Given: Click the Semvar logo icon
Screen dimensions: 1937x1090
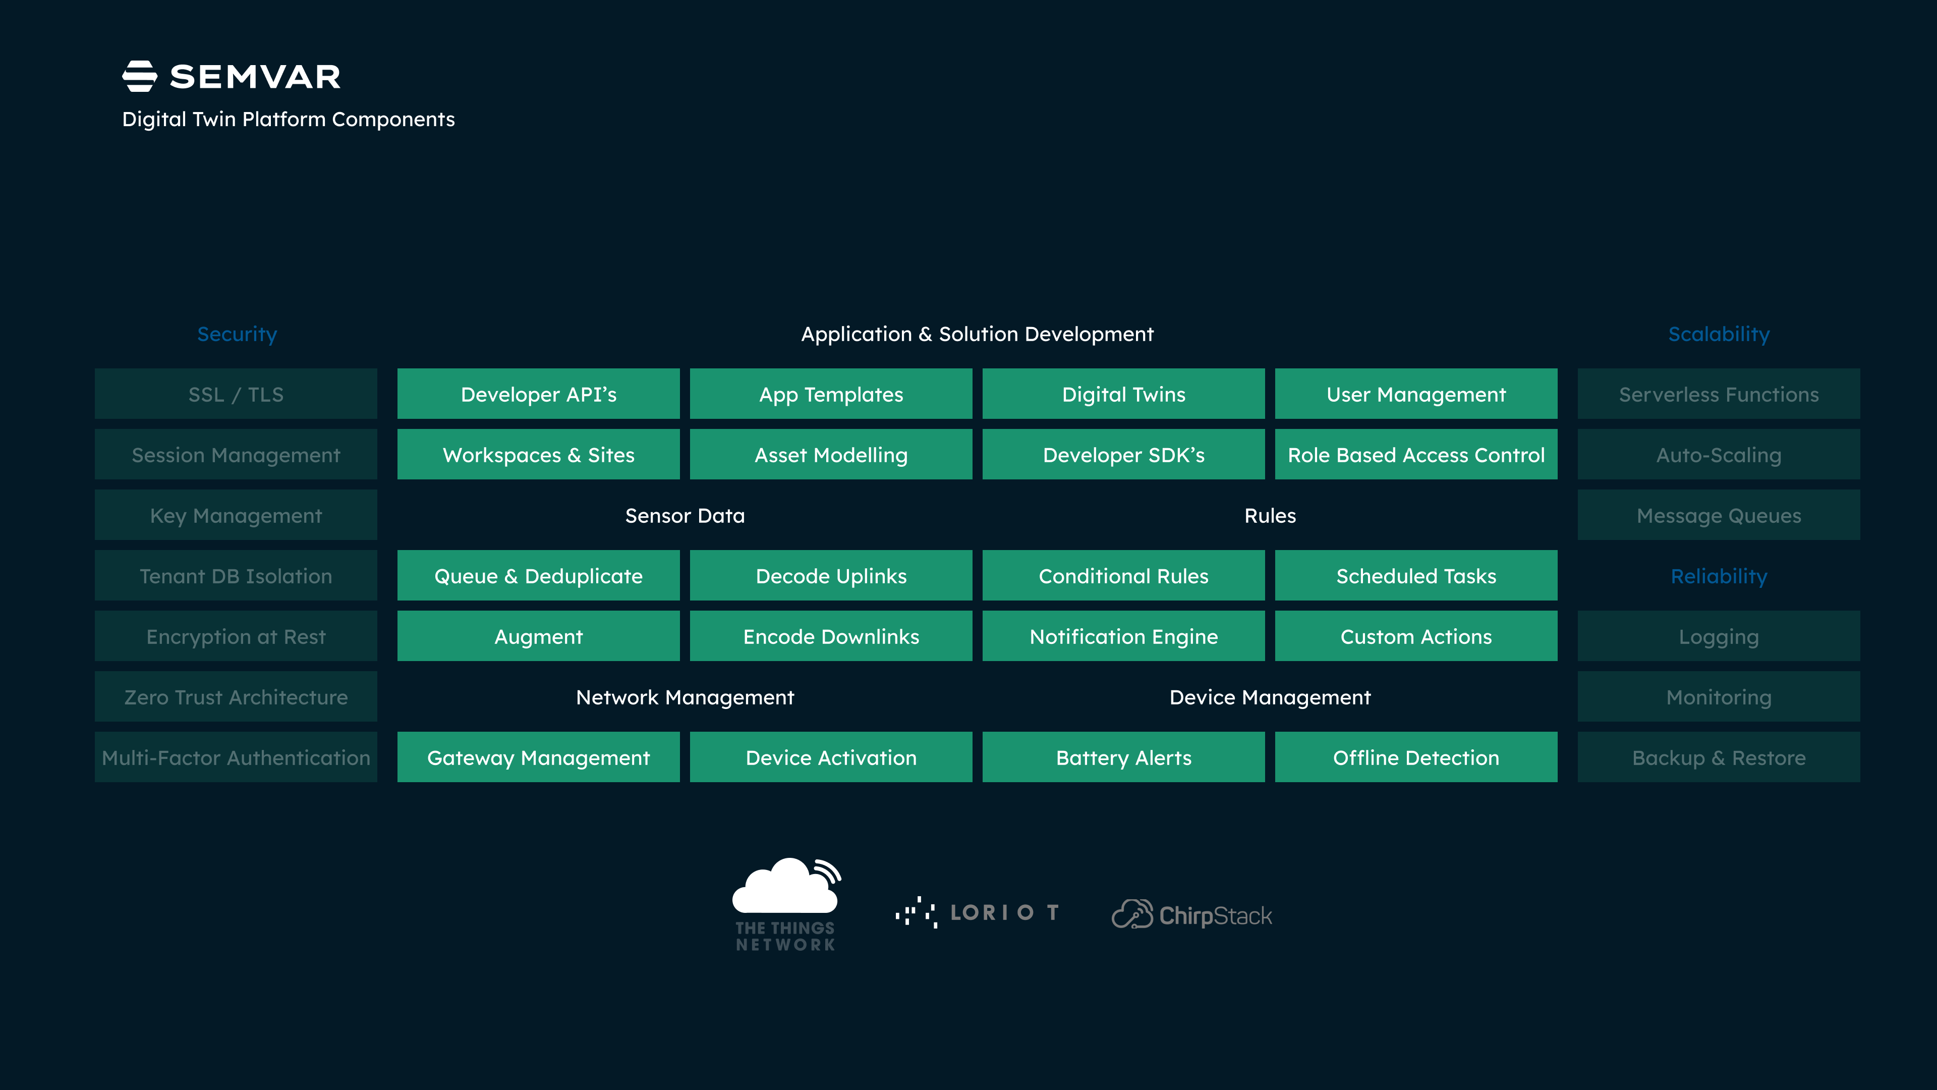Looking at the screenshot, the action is coord(140,77).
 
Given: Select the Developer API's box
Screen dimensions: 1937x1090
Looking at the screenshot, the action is coord(538,394).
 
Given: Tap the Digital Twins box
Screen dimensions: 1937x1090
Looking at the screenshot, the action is coord(1123,394).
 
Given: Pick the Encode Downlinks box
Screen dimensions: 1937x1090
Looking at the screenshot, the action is coord(831,636).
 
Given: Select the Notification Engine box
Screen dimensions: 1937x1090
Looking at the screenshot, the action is coord(1123,636).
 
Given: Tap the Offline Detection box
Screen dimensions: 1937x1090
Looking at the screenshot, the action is coord(1416,757).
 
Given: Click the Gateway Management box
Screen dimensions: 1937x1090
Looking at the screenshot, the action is coord(538,757).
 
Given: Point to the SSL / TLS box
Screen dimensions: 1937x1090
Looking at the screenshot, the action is coord(236,394).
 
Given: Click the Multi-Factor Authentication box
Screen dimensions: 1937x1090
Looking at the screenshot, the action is coord(236,757).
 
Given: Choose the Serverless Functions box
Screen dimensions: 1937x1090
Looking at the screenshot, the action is coord(1719,394).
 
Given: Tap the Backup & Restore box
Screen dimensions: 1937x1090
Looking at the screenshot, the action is coord(1719,757).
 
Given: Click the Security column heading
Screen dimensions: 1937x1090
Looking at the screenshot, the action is coord(237,334).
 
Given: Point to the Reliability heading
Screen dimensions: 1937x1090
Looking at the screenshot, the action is coord(1719,576).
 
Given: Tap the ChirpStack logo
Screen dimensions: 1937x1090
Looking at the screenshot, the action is coord(1192,915).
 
